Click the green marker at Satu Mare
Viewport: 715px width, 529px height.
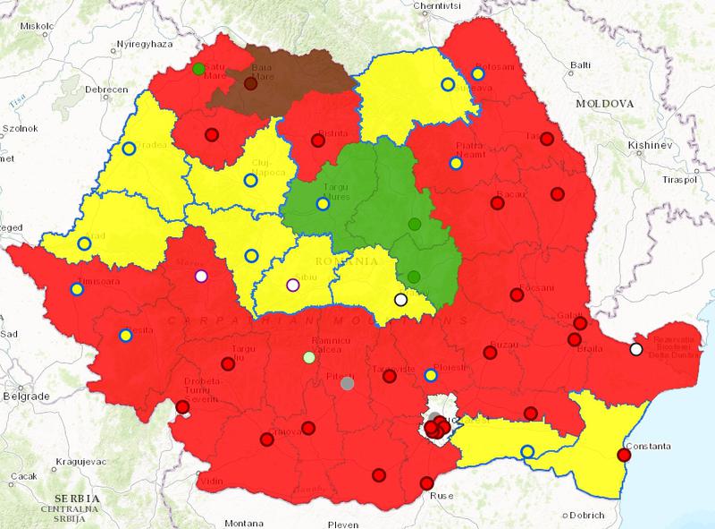198,69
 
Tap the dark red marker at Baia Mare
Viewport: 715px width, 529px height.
250,84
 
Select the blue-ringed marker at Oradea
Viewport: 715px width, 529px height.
129,149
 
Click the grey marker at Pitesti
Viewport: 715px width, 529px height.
348,383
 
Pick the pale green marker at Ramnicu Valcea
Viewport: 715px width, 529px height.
309,358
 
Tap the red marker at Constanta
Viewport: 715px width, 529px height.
625,455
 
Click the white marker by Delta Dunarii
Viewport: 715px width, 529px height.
635,349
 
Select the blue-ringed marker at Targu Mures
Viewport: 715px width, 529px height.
322,203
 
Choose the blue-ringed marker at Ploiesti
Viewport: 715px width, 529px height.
431,375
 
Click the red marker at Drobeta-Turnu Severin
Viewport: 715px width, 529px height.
182,407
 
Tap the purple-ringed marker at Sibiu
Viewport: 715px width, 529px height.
291,286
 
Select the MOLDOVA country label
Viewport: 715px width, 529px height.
603,104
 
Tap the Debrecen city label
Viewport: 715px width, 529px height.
106,90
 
